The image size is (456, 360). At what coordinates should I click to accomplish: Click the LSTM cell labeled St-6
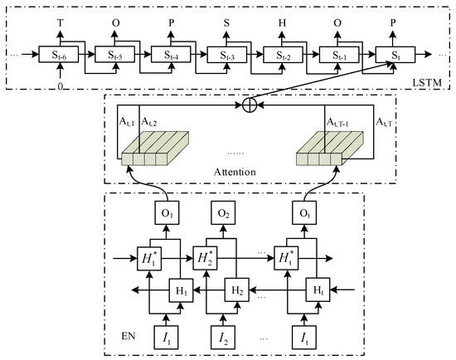[61, 56]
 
